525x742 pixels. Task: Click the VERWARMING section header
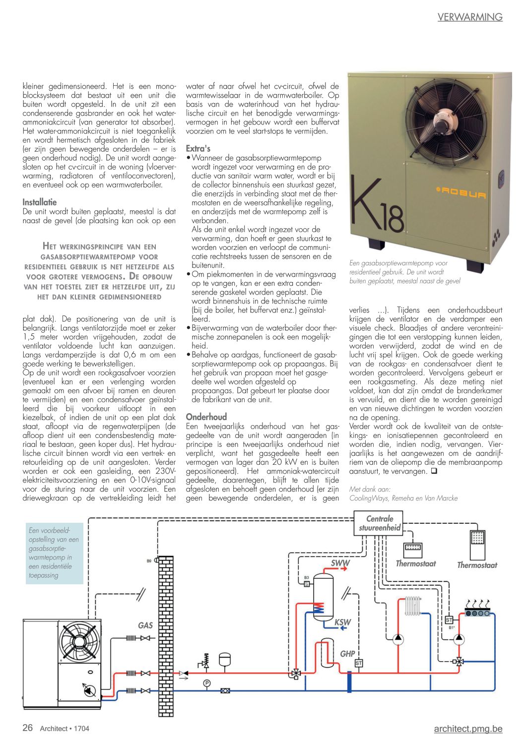tap(469, 17)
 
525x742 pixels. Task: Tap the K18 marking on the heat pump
tap(377, 208)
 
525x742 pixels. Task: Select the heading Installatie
tap(40, 202)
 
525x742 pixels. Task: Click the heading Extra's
tap(198, 148)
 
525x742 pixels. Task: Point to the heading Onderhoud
tap(206, 417)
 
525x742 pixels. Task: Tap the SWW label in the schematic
tap(340, 563)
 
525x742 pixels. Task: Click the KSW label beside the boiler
tap(342, 622)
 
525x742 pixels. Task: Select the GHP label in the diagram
tap(347, 654)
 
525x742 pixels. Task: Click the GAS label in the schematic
tap(145, 625)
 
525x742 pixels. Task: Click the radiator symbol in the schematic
tap(412, 606)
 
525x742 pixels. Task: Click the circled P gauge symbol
tap(206, 683)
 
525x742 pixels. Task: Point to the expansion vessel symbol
tap(225, 658)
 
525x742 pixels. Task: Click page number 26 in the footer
tap(28, 728)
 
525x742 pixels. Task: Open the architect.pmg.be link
tap(468, 729)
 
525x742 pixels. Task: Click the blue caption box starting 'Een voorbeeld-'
tap(54, 553)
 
